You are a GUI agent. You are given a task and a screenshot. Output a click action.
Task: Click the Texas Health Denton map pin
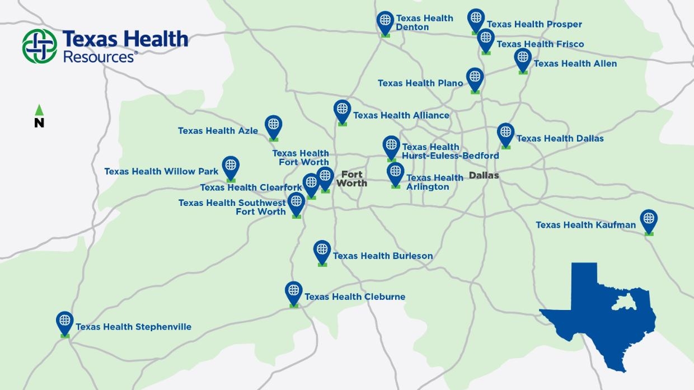pos(385,22)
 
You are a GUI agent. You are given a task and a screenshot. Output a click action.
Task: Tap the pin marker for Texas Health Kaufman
pos(649,220)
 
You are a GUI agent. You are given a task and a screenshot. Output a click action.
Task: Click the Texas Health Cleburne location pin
pos(294,292)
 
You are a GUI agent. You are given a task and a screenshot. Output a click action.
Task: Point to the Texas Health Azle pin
pos(273,126)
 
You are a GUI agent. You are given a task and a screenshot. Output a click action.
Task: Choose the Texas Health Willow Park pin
pos(231,167)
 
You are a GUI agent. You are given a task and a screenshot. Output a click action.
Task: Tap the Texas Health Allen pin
pos(523,59)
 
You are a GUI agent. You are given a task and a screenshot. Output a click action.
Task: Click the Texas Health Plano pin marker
pos(475,78)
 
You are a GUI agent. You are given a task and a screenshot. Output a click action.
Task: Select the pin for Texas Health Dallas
pos(505,134)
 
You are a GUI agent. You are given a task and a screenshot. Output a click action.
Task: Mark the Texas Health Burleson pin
pos(322,251)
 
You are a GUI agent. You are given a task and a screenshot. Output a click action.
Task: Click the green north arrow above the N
pos(39,110)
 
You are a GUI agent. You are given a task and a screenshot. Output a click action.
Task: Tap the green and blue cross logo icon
pos(40,46)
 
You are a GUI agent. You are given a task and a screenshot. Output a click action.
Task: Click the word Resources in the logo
pos(99,57)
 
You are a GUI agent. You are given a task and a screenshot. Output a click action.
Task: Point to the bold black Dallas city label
pos(484,176)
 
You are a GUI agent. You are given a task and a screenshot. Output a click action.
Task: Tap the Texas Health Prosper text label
pos(534,24)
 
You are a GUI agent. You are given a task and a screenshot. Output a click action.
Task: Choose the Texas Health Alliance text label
pos(401,115)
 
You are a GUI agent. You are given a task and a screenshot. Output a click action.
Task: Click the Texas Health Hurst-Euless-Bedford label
pos(449,152)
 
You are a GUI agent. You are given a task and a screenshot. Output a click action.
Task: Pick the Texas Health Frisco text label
pos(540,44)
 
